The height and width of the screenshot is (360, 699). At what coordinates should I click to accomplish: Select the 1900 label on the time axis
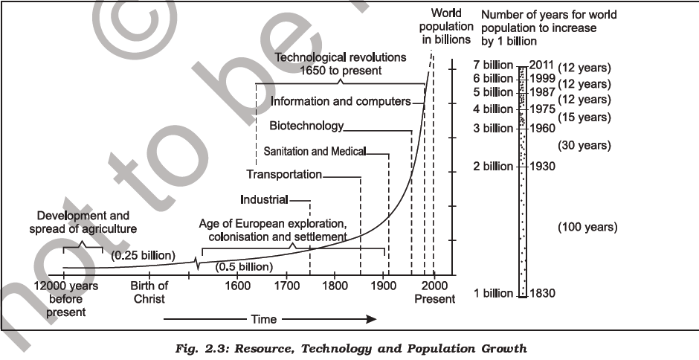(x=384, y=286)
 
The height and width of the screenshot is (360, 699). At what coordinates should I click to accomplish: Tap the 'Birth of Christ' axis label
(x=149, y=292)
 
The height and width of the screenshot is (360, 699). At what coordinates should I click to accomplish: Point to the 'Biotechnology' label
(x=306, y=126)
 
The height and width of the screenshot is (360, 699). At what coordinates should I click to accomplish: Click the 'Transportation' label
(x=283, y=174)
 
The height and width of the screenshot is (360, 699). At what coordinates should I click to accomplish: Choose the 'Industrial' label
(x=264, y=199)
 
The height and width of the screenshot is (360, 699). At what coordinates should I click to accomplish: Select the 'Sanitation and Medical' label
(x=315, y=151)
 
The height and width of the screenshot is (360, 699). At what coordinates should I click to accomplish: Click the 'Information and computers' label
(x=341, y=100)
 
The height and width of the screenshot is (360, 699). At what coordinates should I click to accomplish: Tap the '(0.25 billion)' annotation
(x=143, y=255)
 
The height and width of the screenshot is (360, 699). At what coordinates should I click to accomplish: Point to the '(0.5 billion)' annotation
(x=244, y=266)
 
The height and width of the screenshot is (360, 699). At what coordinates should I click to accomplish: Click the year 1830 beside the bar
(x=541, y=293)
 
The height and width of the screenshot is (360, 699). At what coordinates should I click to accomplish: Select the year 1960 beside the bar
(x=541, y=128)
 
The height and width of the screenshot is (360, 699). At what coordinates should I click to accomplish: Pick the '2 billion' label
(x=493, y=166)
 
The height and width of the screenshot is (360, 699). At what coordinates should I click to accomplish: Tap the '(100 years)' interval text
(x=587, y=227)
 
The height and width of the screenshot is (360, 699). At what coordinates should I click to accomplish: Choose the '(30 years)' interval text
(x=584, y=146)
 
